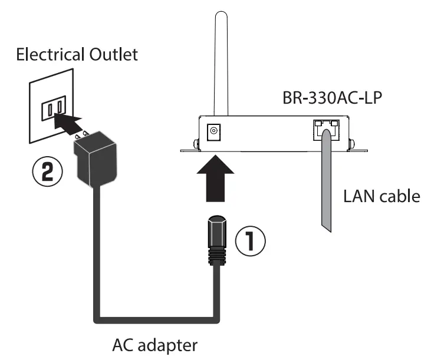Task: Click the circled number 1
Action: point(251,242)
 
